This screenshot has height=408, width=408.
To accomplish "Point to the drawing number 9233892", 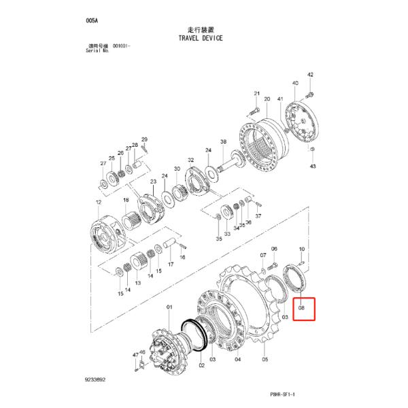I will click(x=95, y=380).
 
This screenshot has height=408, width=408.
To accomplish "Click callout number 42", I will click(x=310, y=74).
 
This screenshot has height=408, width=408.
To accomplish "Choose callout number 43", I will click(x=312, y=166).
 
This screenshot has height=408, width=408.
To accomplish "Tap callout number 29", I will click(x=144, y=139).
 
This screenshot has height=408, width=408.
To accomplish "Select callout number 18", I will click(x=125, y=201).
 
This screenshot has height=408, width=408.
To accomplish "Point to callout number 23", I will click(x=154, y=182).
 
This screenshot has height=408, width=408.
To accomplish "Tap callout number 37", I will click(x=258, y=216).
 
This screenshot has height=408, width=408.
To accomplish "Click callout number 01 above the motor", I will click(x=170, y=307).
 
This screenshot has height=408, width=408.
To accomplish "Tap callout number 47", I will click(x=135, y=354).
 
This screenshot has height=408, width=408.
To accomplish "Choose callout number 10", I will click(x=301, y=250).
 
